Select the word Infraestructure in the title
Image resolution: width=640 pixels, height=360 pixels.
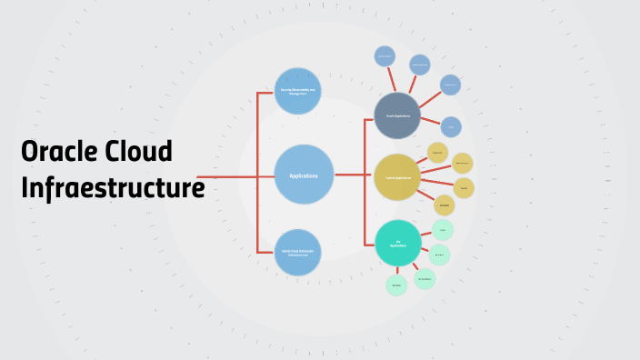click(x=112, y=188)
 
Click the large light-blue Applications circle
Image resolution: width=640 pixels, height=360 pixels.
click(x=304, y=175)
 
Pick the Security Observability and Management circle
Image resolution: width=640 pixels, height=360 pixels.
click(x=298, y=91)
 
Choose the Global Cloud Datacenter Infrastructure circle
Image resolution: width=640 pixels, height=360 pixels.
click(x=298, y=253)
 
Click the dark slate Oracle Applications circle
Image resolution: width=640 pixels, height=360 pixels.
click(x=397, y=115)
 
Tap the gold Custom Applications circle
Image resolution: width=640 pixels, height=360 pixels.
click(x=397, y=177)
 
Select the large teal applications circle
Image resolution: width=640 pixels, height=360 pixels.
click(x=397, y=244)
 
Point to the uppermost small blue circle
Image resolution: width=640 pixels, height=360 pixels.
click(x=385, y=55)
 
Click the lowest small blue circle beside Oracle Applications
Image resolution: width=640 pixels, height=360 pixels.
click(x=451, y=126)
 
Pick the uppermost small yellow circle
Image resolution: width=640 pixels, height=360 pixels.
click(x=437, y=153)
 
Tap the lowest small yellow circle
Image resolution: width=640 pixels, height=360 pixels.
click(x=444, y=205)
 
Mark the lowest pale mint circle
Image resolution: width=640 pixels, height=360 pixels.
click(x=396, y=285)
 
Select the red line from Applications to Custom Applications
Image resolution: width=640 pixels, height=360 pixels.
click(x=354, y=175)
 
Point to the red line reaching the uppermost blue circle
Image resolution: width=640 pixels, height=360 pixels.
click(x=389, y=79)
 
